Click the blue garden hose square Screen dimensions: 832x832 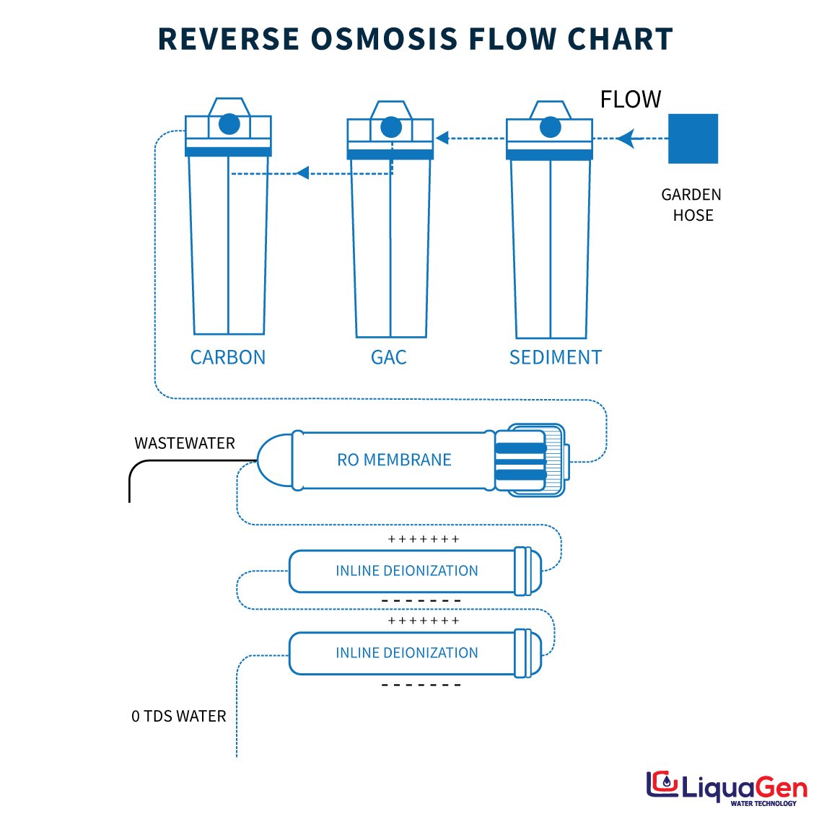tap(693, 139)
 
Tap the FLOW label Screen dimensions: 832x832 tap(630, 100)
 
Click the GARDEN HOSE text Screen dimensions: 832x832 tap(691, 205)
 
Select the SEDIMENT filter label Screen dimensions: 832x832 tap(555, 357)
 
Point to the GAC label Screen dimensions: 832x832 tap(388, 357)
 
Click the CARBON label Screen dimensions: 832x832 tap(227, 357)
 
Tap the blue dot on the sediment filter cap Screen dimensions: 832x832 tap(550, 128)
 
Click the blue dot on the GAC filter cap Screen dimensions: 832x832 tap(391, 128)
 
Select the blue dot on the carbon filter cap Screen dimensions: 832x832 tap(229, 124)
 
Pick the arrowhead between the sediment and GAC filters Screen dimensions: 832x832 tap(442, 138)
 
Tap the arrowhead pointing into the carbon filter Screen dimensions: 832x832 tap(303, 172)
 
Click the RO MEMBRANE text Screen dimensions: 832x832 tap(394, 460)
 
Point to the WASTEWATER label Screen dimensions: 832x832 tap(185, 443)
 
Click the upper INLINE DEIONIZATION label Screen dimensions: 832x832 tap(406, 571)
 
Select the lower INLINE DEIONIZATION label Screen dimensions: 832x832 tap(406, 653)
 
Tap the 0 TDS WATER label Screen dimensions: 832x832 tap(179, 717)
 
